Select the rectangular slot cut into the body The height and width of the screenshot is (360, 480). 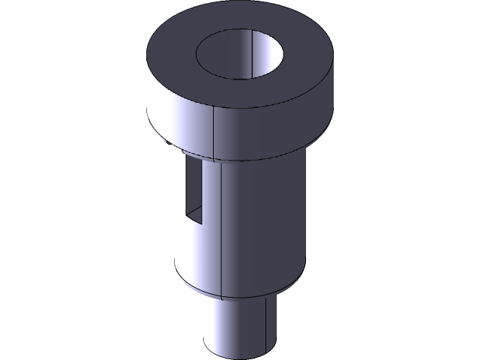click(193, 191)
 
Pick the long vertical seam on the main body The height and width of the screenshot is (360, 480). click(223, 225)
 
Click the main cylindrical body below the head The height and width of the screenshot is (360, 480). click(262, 217)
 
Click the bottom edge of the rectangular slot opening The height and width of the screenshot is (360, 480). click(193, 224)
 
